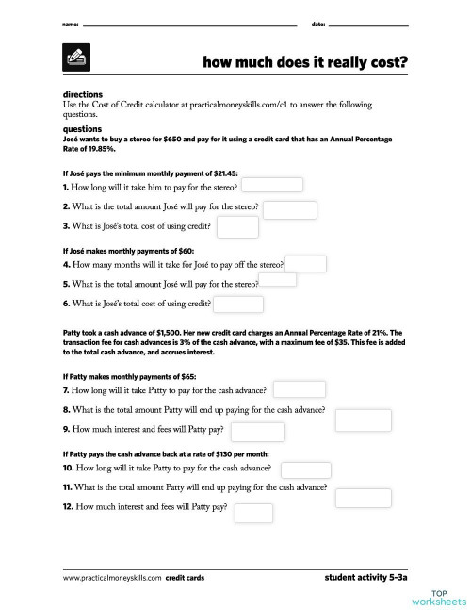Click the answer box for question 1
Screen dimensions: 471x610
[274, 186]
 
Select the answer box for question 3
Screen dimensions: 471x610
[237, 226]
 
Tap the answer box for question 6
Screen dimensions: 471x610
[237, 305]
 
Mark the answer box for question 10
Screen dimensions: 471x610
[305, 470]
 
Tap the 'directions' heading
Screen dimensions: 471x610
[82, 95]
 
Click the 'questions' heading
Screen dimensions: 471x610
[82, 128]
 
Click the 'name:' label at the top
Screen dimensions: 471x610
[70, 22]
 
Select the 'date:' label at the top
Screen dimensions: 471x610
[318, 22]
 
